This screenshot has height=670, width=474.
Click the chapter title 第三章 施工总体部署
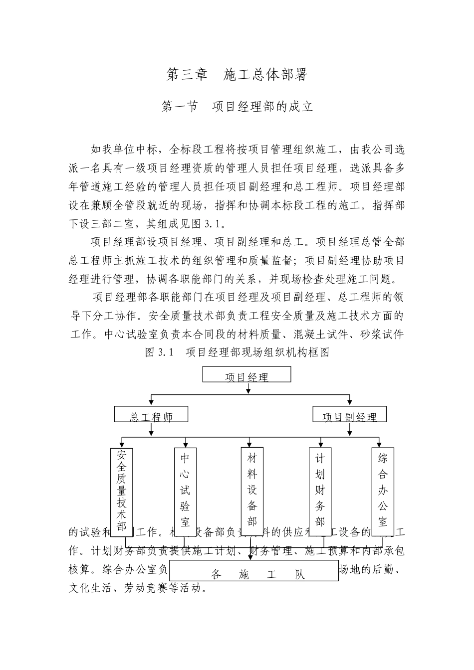(x=237, y=75)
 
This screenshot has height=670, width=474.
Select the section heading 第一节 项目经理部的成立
(x=237, y=107)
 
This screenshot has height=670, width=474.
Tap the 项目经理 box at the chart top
(x=246, y=375)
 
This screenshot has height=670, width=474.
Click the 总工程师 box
(x=151, y=415)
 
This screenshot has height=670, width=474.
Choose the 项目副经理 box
(x=349, y=415)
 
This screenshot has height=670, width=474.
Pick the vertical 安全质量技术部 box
(x=121, y=491)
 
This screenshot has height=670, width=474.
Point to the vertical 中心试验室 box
(x=185, y=491)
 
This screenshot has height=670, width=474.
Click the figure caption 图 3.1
(x=237, y=352)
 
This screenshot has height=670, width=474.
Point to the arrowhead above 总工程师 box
(x=151, y=402)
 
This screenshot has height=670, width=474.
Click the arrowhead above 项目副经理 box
(x=349, y=402)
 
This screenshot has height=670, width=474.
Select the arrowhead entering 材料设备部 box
(x=249, y=443)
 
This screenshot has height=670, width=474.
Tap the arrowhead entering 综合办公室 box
(x=380, y=443)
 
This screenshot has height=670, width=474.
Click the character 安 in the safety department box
(x=121, y=455)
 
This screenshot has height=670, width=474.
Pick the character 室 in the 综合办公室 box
(x=383, y=522)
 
